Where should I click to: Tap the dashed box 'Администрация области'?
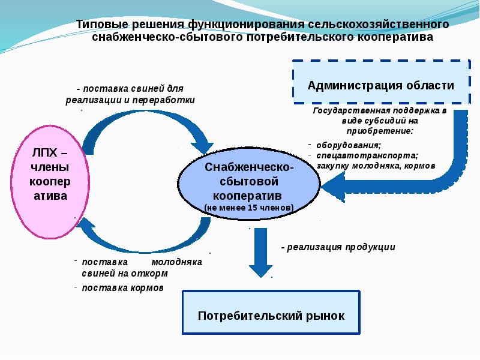point(380,85)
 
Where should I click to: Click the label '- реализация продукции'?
point(338,247)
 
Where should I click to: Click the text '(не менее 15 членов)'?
point(248,208)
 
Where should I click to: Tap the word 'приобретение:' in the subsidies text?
point(379,130)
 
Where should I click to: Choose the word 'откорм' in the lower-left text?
point(153,273)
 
